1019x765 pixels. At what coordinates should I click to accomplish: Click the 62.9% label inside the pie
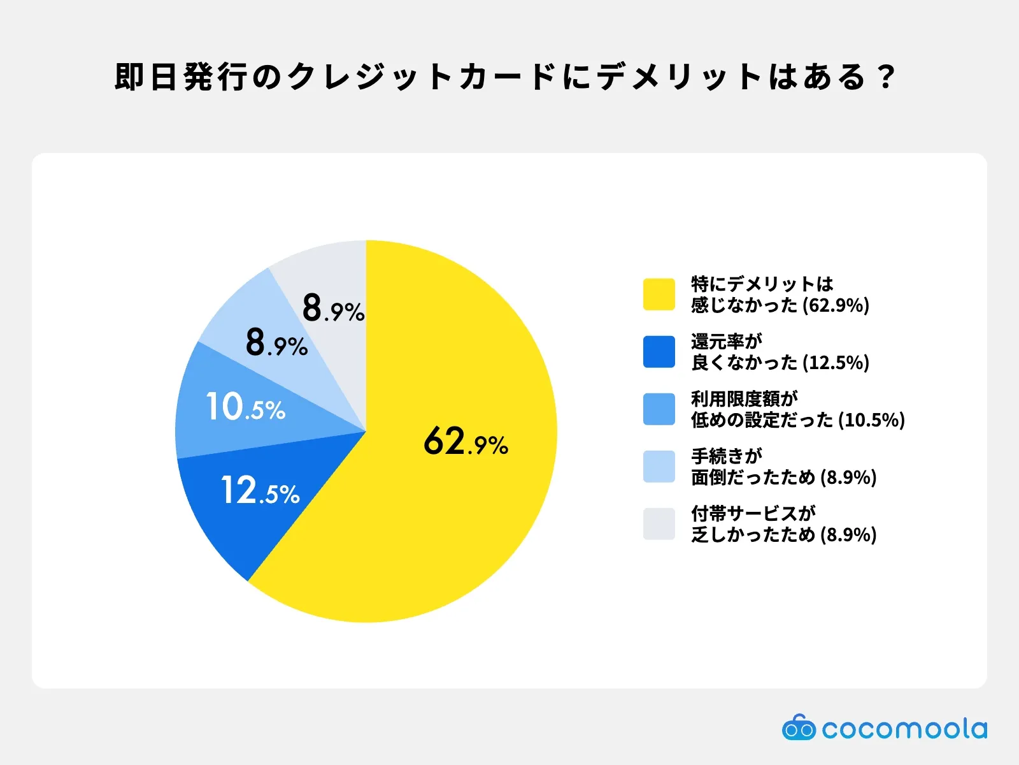coord(466,441)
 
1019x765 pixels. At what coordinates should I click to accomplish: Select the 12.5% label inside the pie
coord(260,490)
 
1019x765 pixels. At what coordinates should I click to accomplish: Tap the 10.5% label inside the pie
coord(246,407)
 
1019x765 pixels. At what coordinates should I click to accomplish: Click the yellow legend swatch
coord(659,294)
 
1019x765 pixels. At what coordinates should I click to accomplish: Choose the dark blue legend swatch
coord(659,351)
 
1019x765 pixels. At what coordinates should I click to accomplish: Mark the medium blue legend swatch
coord(659,409)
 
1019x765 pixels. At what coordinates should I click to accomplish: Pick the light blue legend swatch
coord(659,466)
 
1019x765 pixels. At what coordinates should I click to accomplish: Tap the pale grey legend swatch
coord(659,523)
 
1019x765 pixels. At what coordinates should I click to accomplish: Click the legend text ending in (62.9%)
coord(780,294)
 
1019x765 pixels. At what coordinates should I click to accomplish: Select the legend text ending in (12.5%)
coord(780,351)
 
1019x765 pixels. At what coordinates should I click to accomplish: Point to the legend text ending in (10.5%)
coord(797,409)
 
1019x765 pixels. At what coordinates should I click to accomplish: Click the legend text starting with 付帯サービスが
coord(783,523)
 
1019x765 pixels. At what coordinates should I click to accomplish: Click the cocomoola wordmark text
coord(904,729)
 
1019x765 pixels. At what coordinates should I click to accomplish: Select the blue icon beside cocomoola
coord(799,728)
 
